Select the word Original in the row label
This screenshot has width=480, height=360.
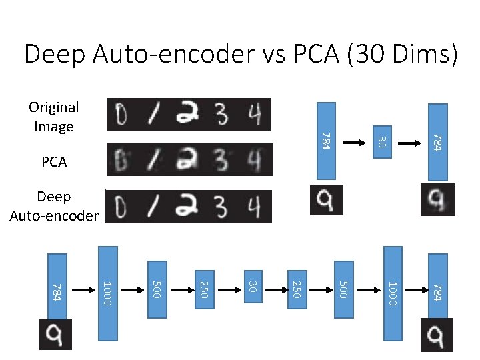point(53,107)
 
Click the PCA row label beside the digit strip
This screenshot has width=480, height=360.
point(54,162)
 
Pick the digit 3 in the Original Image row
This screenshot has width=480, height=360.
point(221,115)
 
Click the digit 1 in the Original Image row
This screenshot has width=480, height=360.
point(154,115)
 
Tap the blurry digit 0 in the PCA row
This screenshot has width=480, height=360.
point(122,160)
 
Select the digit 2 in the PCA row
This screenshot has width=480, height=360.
point(187,160)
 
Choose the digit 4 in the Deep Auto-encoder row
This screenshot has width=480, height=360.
point(252,206)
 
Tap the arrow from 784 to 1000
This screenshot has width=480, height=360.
point(83,291)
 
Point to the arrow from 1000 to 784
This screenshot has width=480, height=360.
point(414,291)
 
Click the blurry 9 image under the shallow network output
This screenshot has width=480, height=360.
point(437,199)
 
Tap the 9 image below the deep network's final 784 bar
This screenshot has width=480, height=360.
point(437,335)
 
